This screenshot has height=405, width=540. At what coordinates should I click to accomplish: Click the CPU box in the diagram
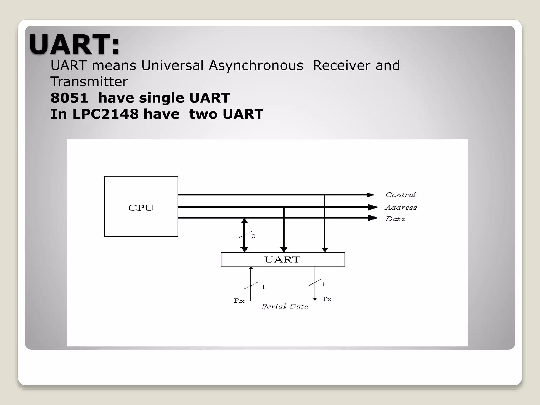pyautogui.click(x=141, y=206)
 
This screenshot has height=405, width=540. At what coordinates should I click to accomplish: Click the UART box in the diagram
pyautogui.click(x=283, y=259)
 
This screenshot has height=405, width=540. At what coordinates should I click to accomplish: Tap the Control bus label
pyautogui.click(x=401, y=195)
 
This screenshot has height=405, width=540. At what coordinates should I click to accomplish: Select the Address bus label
pyautogui.click(x=401, y=208)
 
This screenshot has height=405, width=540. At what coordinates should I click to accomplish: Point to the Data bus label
pyautogui.click(x=395, y=219)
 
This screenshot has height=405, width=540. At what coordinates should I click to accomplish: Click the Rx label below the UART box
pyautogui.click(x=239, y=301)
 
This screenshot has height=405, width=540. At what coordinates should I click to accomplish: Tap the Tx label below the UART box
pyautogui.click(x=326, y=299)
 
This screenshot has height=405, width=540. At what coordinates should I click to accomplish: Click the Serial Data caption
pyautogui.click(x=285, y=306)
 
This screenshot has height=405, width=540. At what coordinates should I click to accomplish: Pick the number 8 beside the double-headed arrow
pyautogui.click(x=253, y=236)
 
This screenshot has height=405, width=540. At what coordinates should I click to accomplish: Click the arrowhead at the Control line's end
pyautogui.click(x=370, y=195)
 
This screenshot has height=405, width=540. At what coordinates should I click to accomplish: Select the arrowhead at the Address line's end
pyautogui.click(x=373, y=207)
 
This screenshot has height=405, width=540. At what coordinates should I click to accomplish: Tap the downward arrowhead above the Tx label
pyautogui.click(x=315, y=299)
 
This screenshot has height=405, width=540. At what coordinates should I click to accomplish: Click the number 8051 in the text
pyautogui.click(x=69, y=98)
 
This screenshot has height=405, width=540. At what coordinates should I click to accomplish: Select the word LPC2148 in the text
pyautogui.click(x=105, y=114)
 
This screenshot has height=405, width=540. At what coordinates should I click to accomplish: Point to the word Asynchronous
pyautogui.click(x=256, y=65)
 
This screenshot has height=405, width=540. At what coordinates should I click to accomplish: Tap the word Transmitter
pyautogui.click(x=89, y=81)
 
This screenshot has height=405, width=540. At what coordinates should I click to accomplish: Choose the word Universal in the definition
pyautogui.click(x=172, y=65)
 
